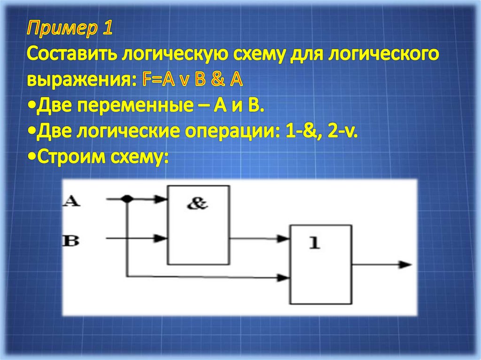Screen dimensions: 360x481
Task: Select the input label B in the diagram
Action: pyautogui.click(x=71, y=241)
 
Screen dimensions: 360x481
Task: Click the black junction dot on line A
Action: pyautogui.click(x=126, y=199)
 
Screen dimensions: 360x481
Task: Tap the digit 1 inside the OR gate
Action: pyautogui.click(x=314, y=242)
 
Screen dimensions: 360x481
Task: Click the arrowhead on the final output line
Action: pyautogui.click(x=404, y=264)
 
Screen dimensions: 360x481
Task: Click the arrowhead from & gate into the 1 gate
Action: pyautogui.click(x=284, y=239)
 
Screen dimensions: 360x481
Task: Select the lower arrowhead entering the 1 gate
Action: pyautogui.click(x=284, y=277)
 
